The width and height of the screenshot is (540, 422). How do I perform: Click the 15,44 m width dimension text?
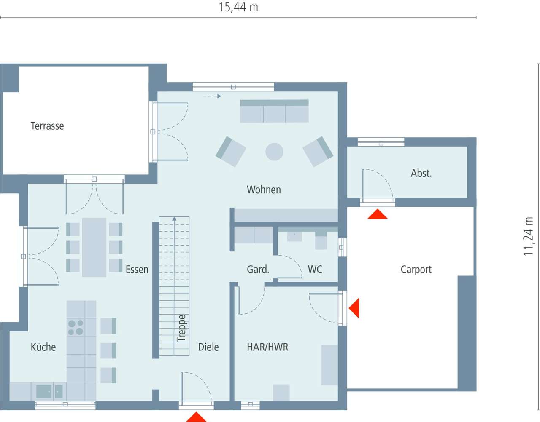[238, 7]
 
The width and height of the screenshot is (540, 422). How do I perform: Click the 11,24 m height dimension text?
[528, 236]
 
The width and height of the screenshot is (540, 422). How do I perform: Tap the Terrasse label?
[47, 126]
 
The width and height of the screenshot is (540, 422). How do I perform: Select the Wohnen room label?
[264, 190]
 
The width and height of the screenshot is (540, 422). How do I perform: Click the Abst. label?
[421, 173]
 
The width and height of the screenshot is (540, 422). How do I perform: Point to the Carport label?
[416, 270]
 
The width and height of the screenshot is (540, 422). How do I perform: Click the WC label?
[315, 270]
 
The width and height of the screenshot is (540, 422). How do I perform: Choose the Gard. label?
[258, 270]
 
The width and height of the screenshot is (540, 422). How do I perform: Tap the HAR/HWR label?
[267, 347]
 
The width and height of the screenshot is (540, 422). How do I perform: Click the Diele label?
[208, 347]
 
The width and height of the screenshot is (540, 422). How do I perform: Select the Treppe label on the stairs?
[181, 328]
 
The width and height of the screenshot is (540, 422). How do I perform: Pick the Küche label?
[43, 347]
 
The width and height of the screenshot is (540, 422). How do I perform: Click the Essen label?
[137, 270]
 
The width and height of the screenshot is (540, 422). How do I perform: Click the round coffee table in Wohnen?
[274, 152]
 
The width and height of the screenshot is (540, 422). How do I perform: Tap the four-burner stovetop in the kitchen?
[76, 328]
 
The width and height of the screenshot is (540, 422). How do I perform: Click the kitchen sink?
[44, 391]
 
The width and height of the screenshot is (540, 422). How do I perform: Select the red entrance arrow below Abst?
[377, 214]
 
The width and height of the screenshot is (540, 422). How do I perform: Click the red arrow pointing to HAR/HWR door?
[355, 308]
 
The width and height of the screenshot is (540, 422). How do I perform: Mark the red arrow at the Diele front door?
[196, 417]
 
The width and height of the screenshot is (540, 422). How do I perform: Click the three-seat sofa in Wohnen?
[274, 112]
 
